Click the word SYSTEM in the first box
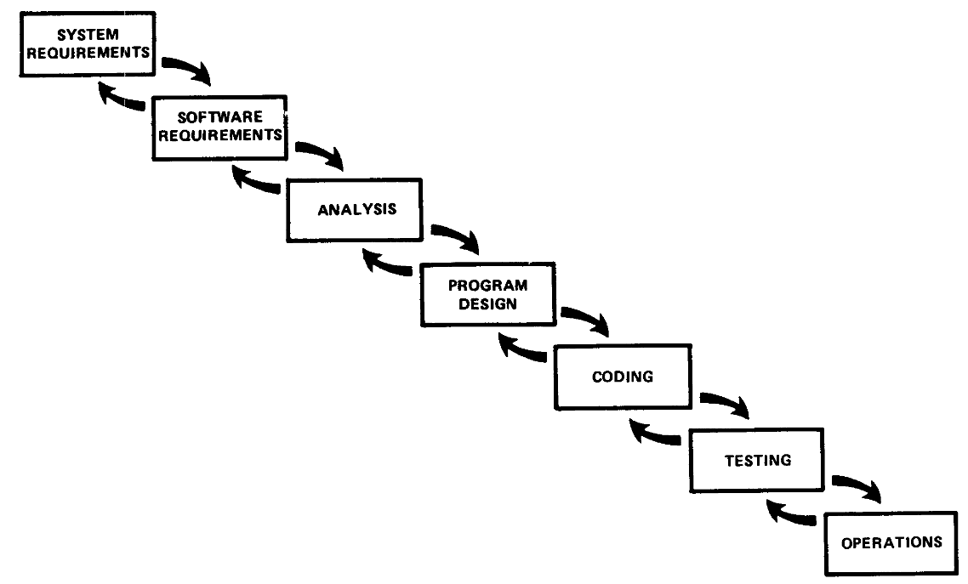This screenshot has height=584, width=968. point(88,35)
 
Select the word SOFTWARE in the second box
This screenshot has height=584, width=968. point(219,116)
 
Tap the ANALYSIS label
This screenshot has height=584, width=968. point(356,210)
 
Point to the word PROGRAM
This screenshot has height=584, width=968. point(487,286)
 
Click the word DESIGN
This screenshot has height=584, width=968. point(487,304)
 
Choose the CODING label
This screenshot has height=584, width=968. point(623,377)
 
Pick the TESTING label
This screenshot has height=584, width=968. point(758,460)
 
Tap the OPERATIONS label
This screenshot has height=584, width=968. point(891,542)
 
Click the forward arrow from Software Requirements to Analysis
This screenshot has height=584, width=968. point(321,151)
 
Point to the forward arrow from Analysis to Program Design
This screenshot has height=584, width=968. point(457,235)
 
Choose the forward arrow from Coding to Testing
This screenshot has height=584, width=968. point(726,401)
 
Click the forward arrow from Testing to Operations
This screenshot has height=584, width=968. point(858,485)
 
